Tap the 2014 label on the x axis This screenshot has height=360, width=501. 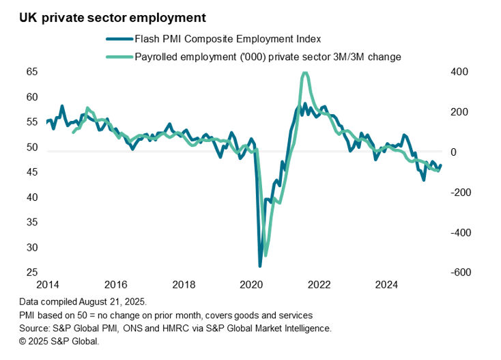tap(47, 284)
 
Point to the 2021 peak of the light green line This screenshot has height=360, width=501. tap(304, 73)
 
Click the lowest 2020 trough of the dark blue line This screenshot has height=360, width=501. tap(260, 266)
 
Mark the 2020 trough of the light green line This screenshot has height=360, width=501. tap(266, 255)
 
